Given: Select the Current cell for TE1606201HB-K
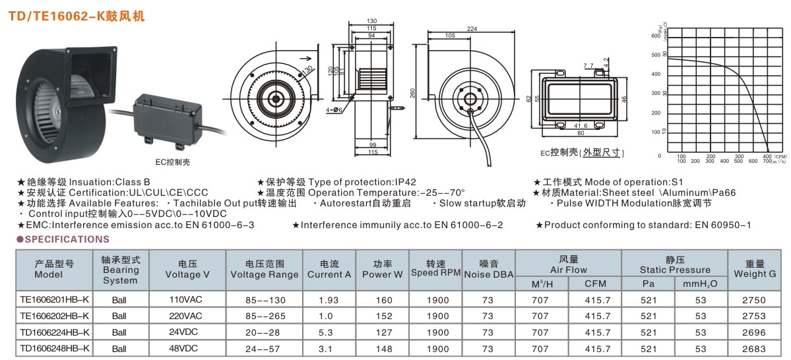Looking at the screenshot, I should point(329,299).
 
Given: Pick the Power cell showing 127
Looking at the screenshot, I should point(381,332).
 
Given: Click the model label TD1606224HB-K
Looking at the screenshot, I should point(54,332).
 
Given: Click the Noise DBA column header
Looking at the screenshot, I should point(488,269).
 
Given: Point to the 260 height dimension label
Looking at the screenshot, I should point(413,94).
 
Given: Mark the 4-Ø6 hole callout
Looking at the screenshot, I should point(334,109).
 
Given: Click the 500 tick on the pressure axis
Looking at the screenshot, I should point(656,55).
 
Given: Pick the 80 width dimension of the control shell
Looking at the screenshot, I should point(581,132).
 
